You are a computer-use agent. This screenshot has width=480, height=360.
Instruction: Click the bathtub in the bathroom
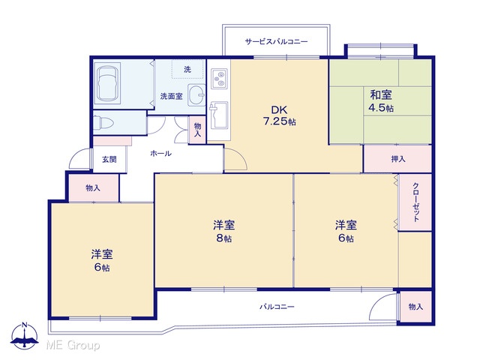(x=107, y=83)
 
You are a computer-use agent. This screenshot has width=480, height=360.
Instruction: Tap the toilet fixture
(x=103, y=123)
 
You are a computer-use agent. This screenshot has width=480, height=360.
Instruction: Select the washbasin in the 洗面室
(x=196, y=95)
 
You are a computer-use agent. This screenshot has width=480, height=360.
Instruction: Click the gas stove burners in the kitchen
(x=219, y=79)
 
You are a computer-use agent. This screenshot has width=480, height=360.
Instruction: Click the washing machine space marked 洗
(x=187, y=70)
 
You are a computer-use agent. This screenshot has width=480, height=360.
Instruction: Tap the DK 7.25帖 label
(x=280, y=115)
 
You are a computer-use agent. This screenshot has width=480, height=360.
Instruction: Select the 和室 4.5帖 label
(x=381, y=101)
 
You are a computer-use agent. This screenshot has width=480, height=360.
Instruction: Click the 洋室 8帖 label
(x=224, y=231)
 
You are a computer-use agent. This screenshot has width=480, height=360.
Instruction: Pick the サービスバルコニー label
(x=277, y=41)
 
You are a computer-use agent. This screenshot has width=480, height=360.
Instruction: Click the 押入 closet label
(x=398, y=159)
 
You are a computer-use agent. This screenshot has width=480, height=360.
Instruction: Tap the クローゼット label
(x=415, y=202)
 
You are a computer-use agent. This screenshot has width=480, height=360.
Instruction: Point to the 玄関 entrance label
(x=109, y=160)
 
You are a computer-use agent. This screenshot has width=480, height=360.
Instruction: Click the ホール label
(x=160, y=153)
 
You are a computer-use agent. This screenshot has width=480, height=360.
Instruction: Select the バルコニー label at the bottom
(x=277, y=307)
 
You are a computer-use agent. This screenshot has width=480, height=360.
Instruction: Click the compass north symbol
(x=25, y=335)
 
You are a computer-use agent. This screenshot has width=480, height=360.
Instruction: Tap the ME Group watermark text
(x=73, y=346)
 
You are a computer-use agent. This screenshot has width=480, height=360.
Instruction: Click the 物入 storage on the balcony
(x=415, y=307)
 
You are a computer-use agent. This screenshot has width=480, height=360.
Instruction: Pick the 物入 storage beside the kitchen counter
(x=197, y=130)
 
